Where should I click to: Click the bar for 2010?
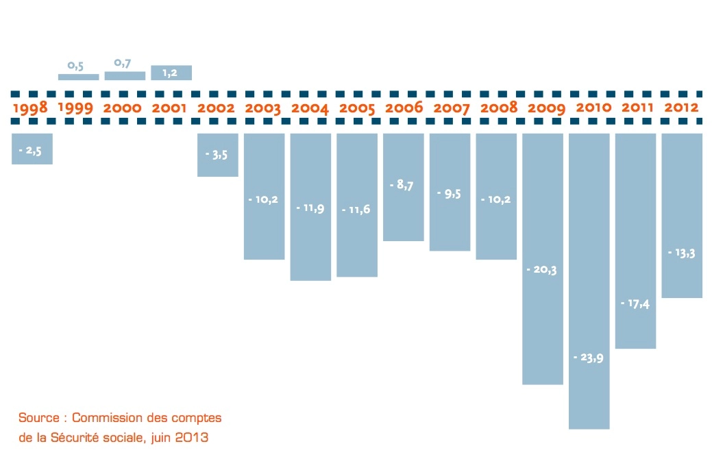(x=589, y=281)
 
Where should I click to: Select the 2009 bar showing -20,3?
(x=542, y=258)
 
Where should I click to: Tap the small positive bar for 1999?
(x=78, y=77)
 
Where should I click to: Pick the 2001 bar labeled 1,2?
(x=171, y=73)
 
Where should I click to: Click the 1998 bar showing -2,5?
(x=32, y=149)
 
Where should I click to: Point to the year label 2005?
(x=357, y=108)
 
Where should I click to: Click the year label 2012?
(x=681, y=108)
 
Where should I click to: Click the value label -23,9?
(x=587, y=358)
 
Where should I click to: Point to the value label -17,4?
(x=635, y=303)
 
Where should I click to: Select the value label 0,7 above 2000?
(x=123, y=63)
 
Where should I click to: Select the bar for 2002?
(x=217, y=155)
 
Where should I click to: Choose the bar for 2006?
(x=403, y=187)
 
